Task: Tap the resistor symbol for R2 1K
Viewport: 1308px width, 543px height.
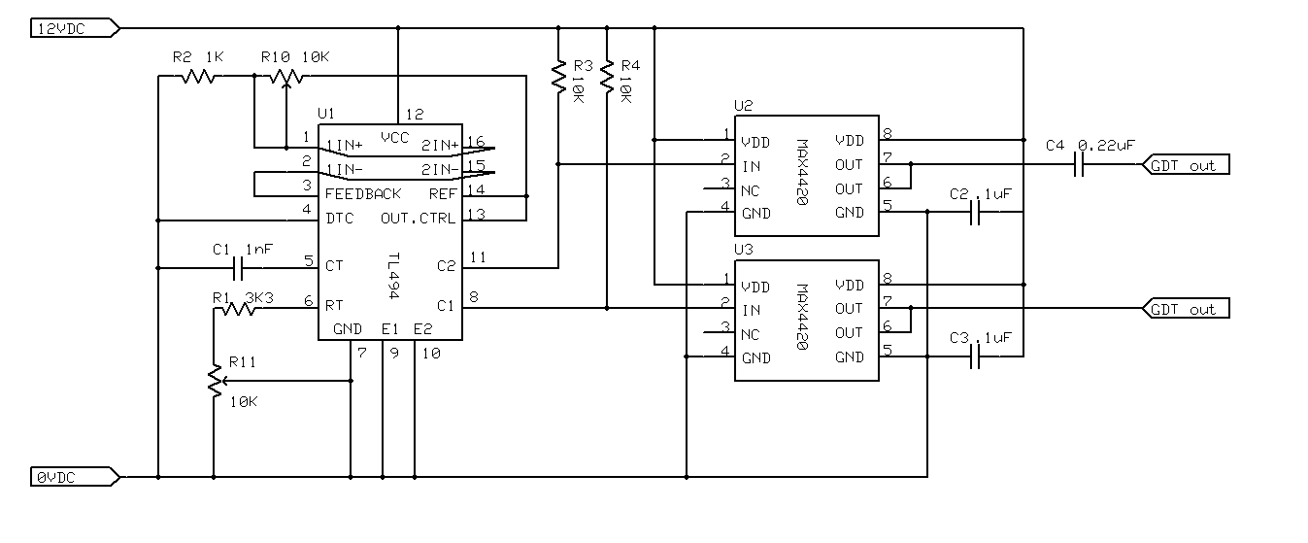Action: pos(198,76)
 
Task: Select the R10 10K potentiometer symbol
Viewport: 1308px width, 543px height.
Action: pos(286,78)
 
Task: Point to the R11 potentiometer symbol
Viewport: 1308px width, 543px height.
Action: pos(216,381)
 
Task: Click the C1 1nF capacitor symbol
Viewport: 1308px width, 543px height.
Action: pos(238,268)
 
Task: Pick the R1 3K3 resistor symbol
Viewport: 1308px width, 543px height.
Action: pos(239,309)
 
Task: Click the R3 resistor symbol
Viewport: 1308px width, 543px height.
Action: pos(558,77)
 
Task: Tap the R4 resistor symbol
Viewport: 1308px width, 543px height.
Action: pos(607,77)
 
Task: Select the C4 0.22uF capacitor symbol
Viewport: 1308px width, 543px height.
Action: pos(1079,165)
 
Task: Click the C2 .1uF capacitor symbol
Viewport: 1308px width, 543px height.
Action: pos(974,212)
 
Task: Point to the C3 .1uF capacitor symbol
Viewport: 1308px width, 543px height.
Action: pos(974,356)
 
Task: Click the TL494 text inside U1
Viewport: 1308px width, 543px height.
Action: pos(394,276)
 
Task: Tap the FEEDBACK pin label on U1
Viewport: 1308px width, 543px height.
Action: pos(362,194)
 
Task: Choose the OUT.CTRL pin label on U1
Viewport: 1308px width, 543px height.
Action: pos(418,219)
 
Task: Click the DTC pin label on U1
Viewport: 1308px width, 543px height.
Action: pos(340,219)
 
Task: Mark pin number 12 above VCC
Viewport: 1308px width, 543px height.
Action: pos(415,115)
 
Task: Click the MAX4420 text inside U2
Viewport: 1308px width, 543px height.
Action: pos(803,172)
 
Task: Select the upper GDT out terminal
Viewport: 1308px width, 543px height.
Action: pos(1186,165)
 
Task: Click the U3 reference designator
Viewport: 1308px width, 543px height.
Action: pos(744,250)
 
